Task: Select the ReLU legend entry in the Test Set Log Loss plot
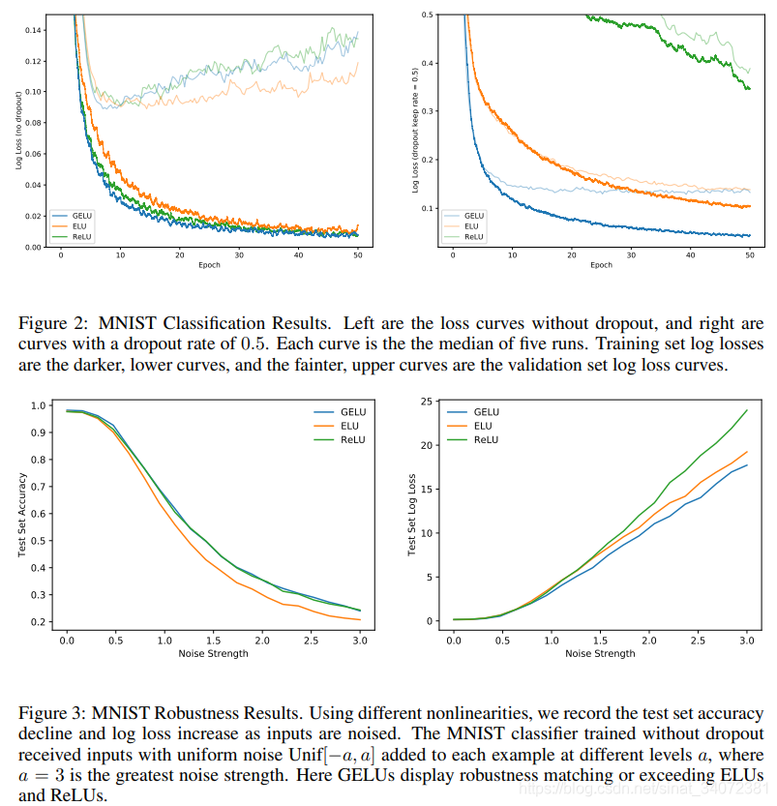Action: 486,439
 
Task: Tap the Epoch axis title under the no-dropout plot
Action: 209,265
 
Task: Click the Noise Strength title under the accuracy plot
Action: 213,653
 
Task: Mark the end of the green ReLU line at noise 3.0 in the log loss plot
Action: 747,409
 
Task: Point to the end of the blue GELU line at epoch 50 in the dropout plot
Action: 750,235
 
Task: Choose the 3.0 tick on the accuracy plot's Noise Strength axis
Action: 359,640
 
